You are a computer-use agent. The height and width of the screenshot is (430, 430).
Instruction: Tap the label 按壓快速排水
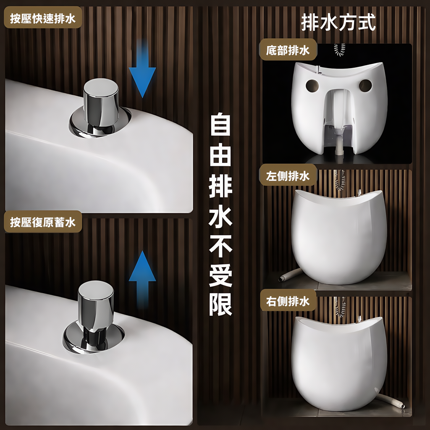pos(42,19)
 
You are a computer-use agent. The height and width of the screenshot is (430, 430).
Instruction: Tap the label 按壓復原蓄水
pos(42,222)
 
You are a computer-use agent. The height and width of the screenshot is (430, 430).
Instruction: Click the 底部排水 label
pos(288,51)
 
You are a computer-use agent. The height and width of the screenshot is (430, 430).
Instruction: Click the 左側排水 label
pos(288,176)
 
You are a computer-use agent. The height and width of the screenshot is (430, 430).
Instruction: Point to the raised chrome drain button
pos(95,313)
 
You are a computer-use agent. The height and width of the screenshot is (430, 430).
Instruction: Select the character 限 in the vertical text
pos(220,304)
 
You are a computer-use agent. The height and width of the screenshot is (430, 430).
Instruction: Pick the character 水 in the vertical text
pos(220,215)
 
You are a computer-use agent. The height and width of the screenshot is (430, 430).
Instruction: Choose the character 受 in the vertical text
pos(220,275)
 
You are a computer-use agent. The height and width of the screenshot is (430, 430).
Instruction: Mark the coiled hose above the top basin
pos(339,49)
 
